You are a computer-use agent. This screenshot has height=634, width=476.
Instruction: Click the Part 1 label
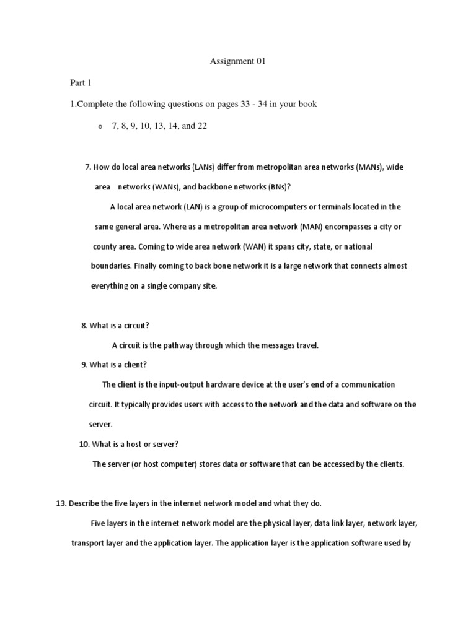[x=81, y=83]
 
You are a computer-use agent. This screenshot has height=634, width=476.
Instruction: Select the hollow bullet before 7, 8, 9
[x=99, y=126]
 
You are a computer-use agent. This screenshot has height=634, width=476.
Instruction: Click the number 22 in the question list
[x=201, y=126]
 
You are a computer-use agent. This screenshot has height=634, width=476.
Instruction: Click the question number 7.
[x=87, y=168]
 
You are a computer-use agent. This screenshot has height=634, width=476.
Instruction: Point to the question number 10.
[x=84, y=444]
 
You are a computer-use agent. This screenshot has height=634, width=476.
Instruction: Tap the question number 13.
[x=61, y=503]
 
